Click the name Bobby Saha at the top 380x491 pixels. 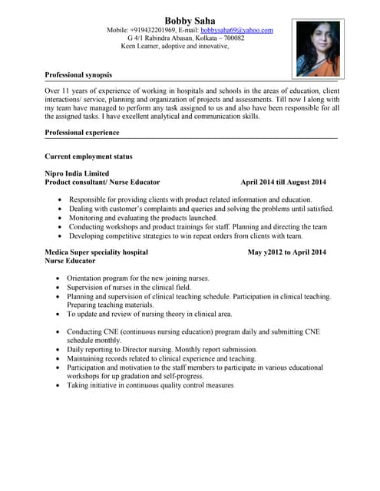click(190, 20)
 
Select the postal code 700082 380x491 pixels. click(230, 38)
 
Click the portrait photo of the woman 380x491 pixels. click(317, 48)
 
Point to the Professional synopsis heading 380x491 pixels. click(78, 75)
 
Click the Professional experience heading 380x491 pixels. click(82, 133)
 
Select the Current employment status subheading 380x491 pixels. click(88, 157)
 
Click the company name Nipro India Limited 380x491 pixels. click(77, 173)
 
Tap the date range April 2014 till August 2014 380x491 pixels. click(283, 183)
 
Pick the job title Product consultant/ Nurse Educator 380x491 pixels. click(102, 183)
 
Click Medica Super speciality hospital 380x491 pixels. click(96, 252)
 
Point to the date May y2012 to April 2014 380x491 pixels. click(287, 252)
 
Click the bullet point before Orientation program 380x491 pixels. click(59, 278)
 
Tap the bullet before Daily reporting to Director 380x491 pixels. click(59, 349)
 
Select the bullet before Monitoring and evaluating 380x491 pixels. click(60, 218)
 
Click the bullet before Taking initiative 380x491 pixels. click(59, 386)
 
